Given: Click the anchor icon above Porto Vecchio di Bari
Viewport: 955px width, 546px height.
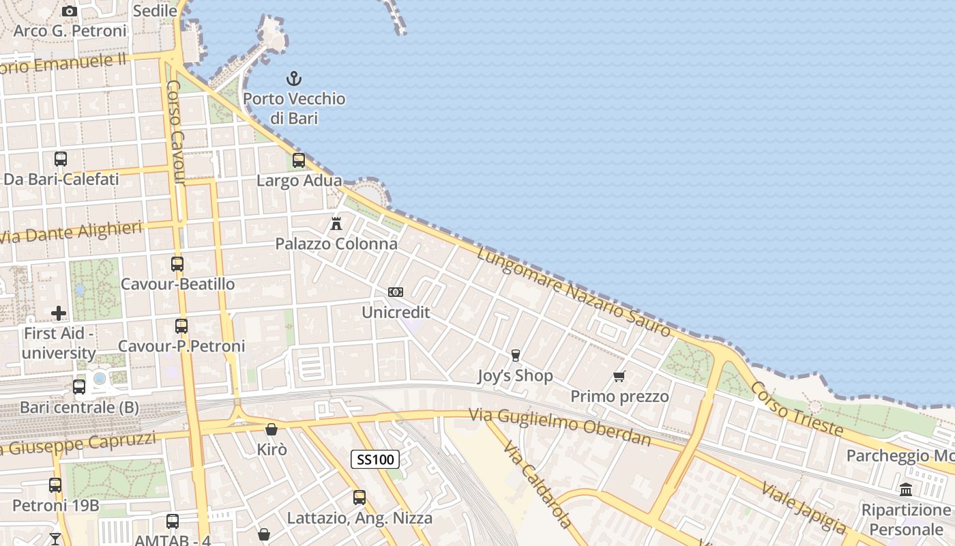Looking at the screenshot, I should [x=294, y=78].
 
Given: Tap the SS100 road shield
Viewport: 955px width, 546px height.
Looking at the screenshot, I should [x=375, y=459].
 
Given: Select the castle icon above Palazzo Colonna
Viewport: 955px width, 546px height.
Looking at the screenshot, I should [x=336, y=223].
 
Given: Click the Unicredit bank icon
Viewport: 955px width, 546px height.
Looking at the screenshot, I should [x=396, y=292].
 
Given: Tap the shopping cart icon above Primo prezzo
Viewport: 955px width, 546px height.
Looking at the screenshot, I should [x=619, y=376].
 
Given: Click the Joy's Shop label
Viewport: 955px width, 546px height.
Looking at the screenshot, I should [x=515, y=375].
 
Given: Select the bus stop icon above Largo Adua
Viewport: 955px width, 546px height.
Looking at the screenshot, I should [x=299, y=160].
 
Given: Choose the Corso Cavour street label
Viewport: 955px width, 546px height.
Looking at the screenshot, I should [x=176, y=132].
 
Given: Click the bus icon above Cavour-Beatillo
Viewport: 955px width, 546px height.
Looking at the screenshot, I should [x=177, y=263].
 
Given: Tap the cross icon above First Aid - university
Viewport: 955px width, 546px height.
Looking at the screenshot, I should [x=59, y=313].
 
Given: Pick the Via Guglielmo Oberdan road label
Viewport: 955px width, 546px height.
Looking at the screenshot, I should [x=559, y=426].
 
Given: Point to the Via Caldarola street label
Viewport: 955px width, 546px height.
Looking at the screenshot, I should [x=538, y=485].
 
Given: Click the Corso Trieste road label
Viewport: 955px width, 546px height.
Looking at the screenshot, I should [x=797, y=409].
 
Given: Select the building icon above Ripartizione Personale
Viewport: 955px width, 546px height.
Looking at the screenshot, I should [x=906, y=489].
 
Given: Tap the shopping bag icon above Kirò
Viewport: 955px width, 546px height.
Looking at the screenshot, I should [x=271, y=429].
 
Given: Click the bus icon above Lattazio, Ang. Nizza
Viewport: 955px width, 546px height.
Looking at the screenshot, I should [x=359, y=498].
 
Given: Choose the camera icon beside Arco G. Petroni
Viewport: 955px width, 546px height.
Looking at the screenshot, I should [x=69, y=11].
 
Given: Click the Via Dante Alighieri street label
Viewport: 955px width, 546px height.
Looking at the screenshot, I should [x=71, y=232].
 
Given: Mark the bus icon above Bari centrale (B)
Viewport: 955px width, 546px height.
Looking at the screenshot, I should [x=79, y=387].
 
